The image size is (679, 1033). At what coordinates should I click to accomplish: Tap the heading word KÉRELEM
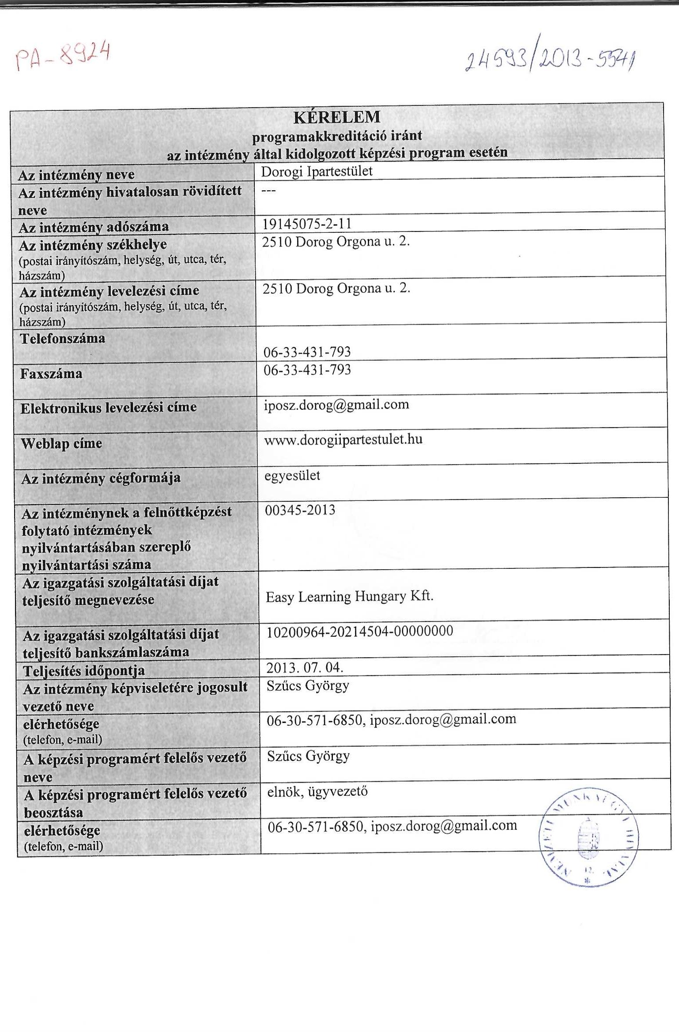336,117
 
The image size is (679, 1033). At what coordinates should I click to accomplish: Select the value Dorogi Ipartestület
317,171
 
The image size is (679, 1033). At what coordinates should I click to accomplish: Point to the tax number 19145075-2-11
307,224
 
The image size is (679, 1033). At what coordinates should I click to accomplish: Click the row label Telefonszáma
63,338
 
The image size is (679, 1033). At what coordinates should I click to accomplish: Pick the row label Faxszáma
51,374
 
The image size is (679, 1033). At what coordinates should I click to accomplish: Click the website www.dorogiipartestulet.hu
343,439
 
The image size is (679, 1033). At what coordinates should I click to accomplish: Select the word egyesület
292,476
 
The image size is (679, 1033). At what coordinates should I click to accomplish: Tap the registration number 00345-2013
300,510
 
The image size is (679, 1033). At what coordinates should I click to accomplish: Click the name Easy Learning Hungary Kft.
349,597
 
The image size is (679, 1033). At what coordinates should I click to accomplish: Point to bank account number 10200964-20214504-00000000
359,631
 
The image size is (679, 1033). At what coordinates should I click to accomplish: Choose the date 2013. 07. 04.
305,667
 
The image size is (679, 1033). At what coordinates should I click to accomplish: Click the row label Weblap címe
61,443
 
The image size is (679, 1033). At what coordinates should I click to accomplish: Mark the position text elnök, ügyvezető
317,791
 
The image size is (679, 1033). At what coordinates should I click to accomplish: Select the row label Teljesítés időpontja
84,670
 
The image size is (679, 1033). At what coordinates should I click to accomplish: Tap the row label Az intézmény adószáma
94,227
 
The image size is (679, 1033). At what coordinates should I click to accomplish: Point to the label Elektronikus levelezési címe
109,407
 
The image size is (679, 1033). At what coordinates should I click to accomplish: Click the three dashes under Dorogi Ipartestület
268,190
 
